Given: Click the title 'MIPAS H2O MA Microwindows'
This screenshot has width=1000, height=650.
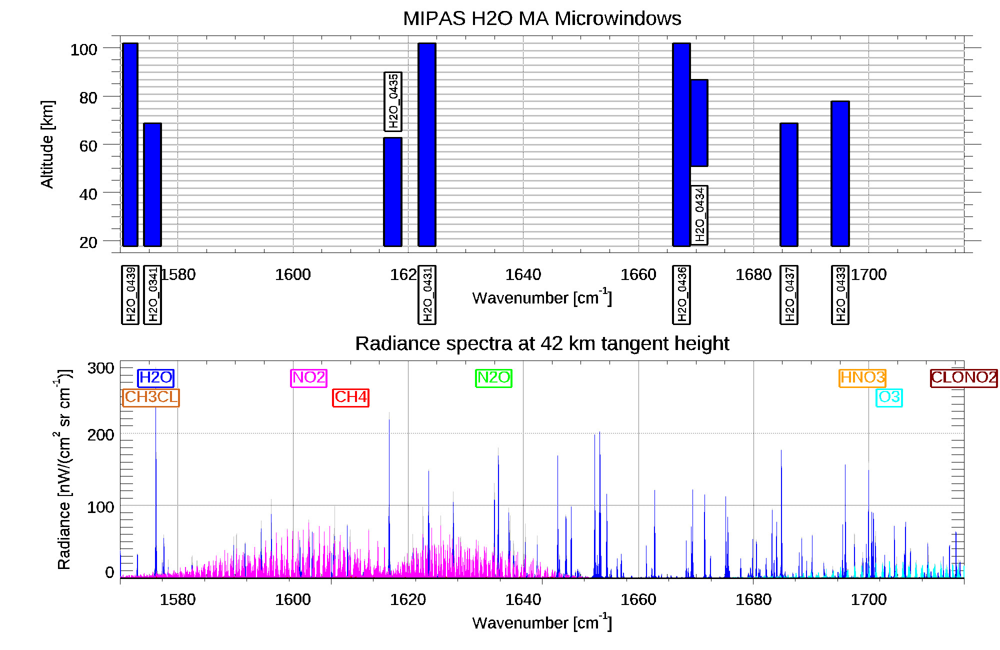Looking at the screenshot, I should [x=541, y=18].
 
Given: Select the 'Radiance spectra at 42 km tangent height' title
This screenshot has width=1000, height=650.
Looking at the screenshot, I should [x=541, y=343].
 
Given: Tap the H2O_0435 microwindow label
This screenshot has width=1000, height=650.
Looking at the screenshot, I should [x=393, y=101].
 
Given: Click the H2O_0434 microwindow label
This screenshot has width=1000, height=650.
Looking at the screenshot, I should [x=699, y=215].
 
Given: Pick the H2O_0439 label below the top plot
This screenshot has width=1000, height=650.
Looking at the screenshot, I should [x=130, y=294].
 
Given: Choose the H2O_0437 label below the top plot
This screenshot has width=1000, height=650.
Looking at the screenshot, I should [x=789, y=294].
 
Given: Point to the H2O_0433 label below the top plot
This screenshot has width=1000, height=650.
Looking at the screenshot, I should [x=840, y=294].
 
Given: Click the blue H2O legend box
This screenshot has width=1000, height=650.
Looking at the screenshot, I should [x=155, y=377].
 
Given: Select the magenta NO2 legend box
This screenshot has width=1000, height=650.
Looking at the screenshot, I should [x=308, y=377].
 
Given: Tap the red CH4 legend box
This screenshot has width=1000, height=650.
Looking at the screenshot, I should [x=350, y=397].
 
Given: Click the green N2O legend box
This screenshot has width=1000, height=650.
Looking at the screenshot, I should [x=493, y=377].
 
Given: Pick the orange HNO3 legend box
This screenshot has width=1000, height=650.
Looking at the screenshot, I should [x=862, y=377].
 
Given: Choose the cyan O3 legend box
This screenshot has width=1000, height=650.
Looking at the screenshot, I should [x=889, y=397].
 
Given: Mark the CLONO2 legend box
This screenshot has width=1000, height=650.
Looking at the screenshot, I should [x=963, y=377].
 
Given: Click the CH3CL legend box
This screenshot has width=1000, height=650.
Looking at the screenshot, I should [x=151, y=397].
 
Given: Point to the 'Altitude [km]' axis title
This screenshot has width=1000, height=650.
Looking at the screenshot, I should [x=47, y=144].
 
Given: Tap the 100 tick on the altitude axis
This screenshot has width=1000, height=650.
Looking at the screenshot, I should [x=83, y=49].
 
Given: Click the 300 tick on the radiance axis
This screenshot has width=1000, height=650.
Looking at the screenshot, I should [x=100, y=368].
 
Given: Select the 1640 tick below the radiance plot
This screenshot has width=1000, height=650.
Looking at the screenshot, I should [x=523, y=599].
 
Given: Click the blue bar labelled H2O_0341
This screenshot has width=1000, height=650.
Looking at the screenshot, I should [x=152, y=184].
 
